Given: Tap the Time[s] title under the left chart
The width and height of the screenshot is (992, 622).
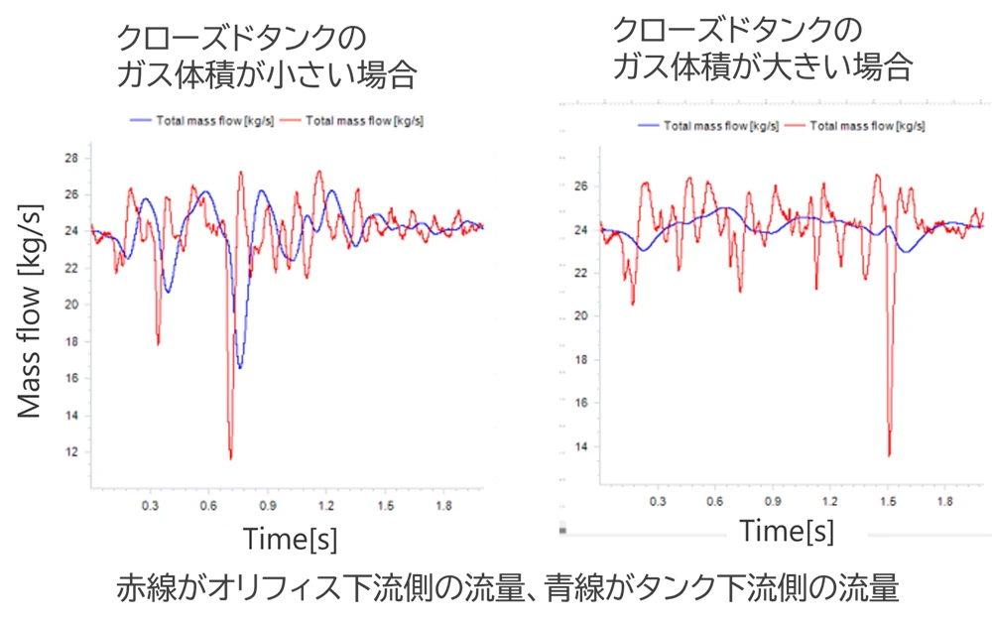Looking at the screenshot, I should point(290,540).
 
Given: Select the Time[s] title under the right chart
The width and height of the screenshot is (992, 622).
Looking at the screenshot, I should point(787,531).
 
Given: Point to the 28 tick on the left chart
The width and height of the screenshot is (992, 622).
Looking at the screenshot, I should point(71,158).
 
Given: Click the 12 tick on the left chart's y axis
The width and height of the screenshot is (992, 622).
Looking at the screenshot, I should point(71,452).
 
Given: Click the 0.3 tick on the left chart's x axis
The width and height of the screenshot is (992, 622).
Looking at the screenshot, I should point(150,505).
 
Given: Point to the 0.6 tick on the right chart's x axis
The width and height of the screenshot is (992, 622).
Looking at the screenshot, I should point(715,501).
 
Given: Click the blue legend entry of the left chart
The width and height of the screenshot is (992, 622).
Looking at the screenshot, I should point(203,121).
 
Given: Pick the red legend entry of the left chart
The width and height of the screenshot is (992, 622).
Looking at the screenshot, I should point(352,121).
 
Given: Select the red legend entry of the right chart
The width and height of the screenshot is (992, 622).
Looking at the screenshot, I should point(855,126).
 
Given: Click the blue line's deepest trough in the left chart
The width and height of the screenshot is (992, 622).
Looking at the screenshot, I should point(239,367).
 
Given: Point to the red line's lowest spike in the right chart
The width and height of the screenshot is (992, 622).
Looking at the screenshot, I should point(889,455).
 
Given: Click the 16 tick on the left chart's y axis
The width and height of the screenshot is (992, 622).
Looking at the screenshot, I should point(71,379).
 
